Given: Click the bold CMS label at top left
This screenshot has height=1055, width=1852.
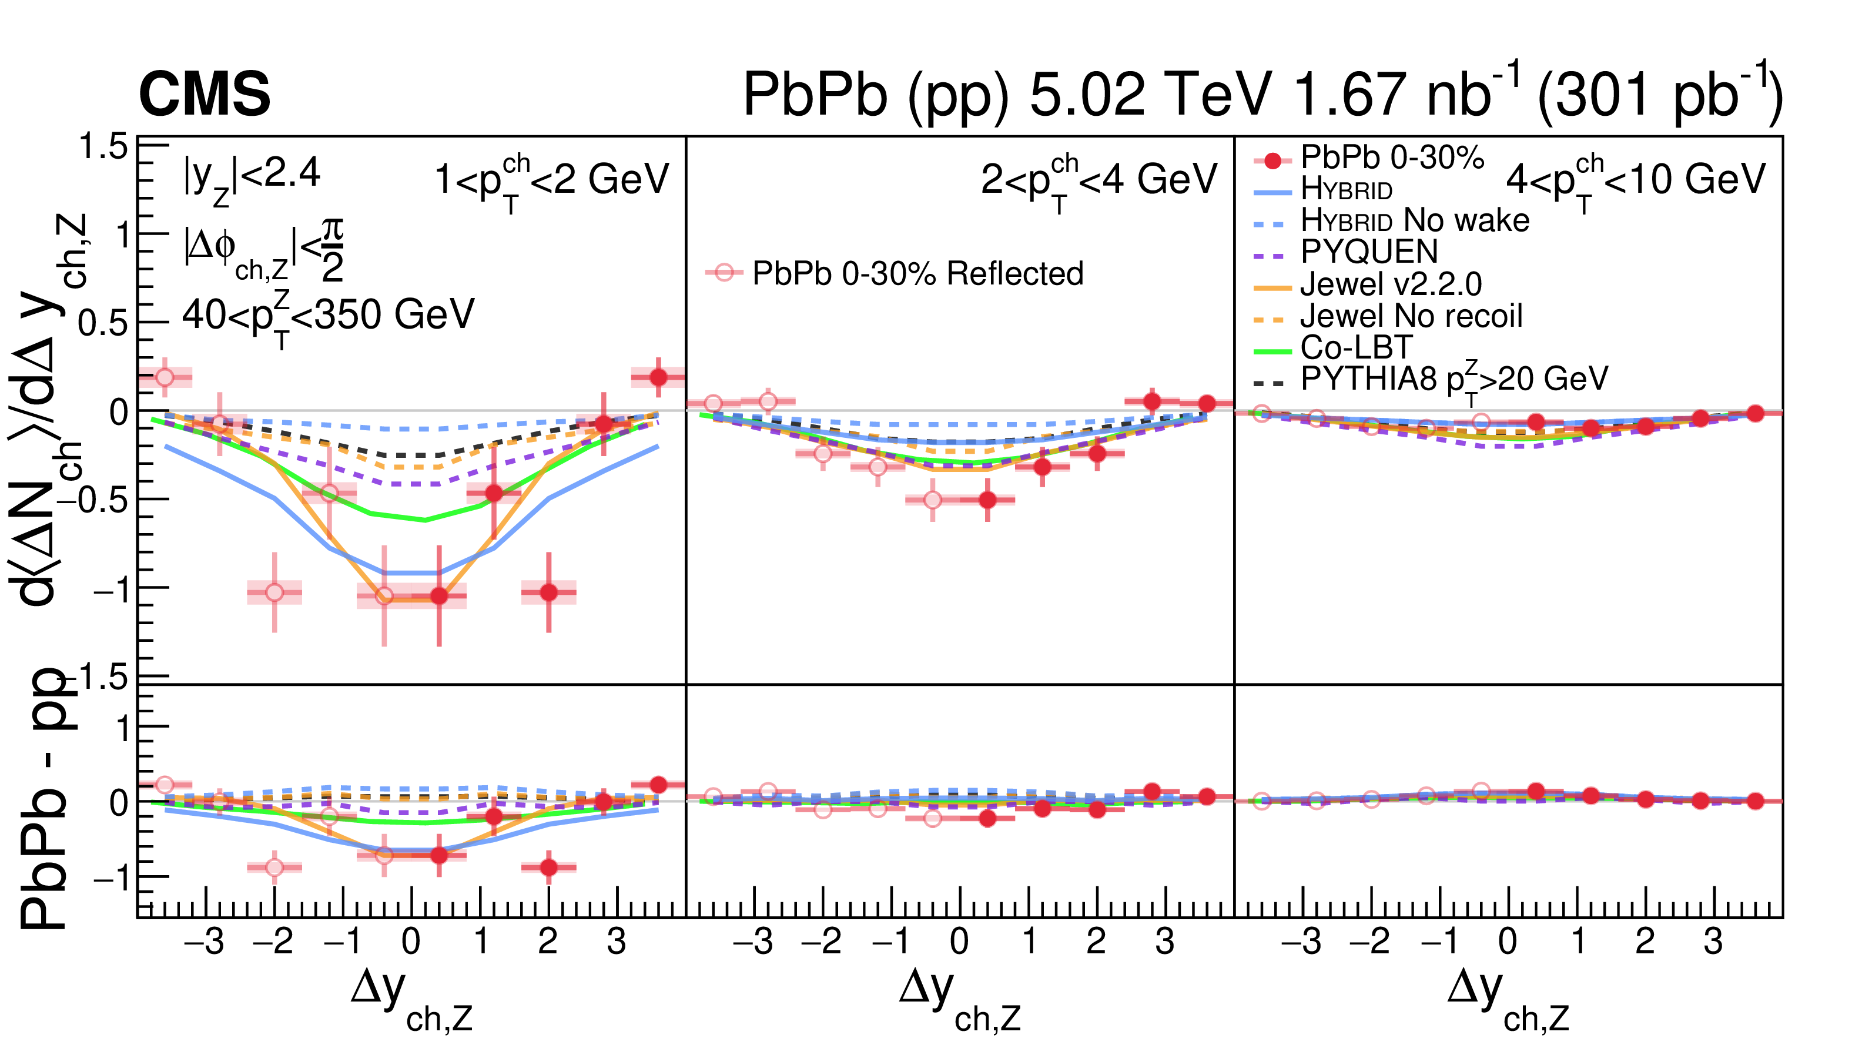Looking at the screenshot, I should (x=205, y=94).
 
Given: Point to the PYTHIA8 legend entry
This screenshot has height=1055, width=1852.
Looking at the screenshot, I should (x=1453, y=379).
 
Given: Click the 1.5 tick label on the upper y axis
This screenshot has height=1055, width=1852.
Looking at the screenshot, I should (x=103, y=147).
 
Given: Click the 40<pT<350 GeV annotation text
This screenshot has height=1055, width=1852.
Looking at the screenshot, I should (x=327, y=316).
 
